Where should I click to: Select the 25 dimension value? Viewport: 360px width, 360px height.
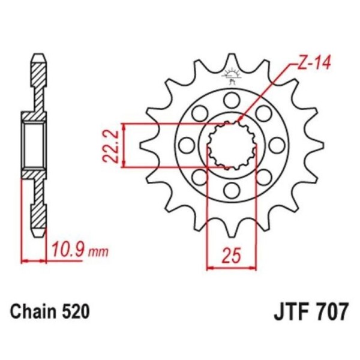(x=232, y=255)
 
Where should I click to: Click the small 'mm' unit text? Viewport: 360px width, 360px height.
(x=98, y=253)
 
